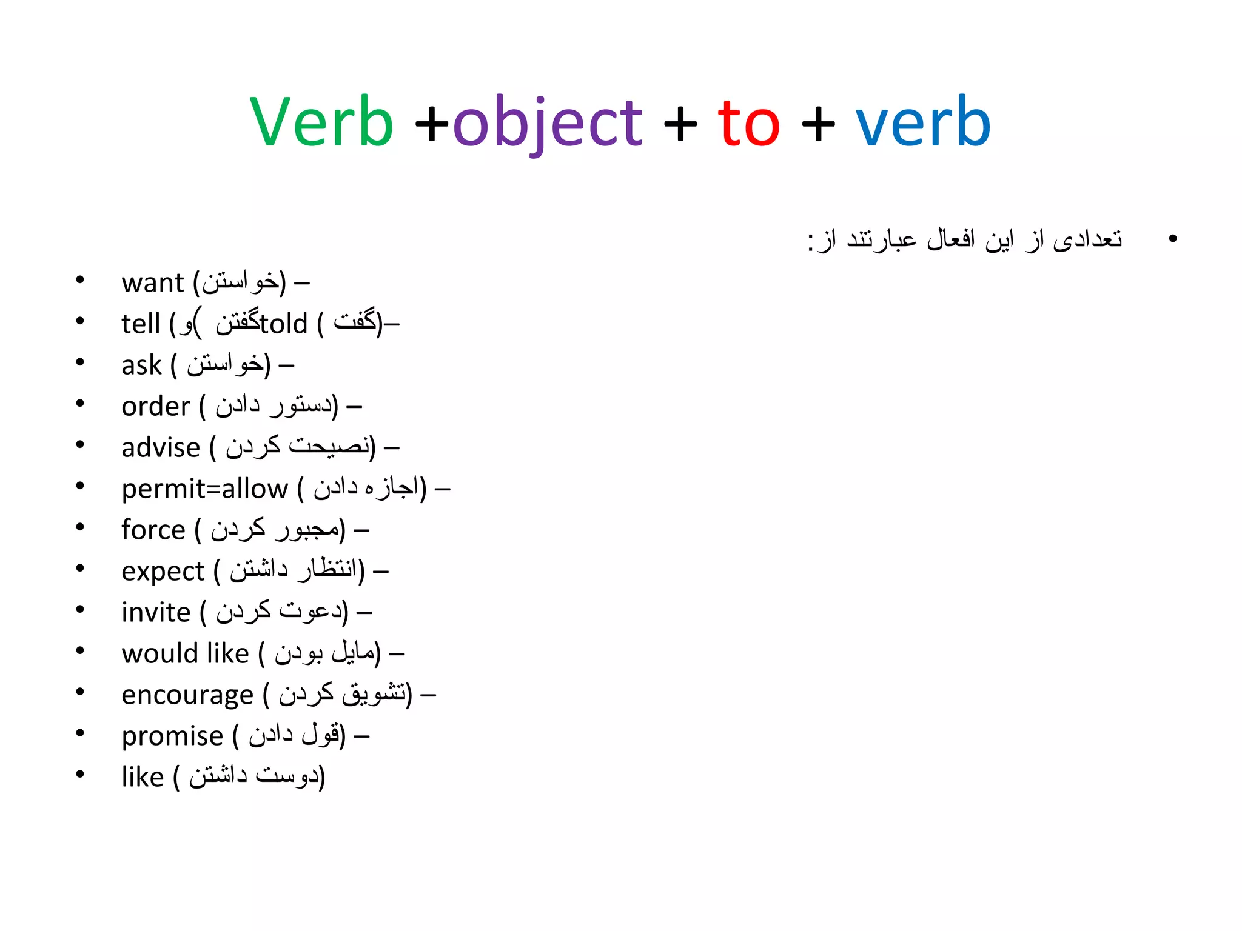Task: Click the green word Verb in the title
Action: (x=321, y=122)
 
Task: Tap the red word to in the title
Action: (x=748, y=124)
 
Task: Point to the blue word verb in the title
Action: (x=923, y=122)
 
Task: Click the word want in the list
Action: (x=152, y=283)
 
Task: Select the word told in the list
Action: (x=284, y=324)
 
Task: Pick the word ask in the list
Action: (x=141, y=365)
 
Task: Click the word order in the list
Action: (x=155, y=407)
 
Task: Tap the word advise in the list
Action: (x=161, y=448)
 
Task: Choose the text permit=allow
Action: (x=205, y=489)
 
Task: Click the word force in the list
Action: (x=153, y=530)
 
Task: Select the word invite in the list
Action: (x=156, y=613)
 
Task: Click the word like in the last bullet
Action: (x=143, y=778)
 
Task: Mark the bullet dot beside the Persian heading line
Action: (x=1172, y=239)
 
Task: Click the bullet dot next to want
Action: (x=79, y=281)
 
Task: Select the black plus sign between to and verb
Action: (x=818, y=124)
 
